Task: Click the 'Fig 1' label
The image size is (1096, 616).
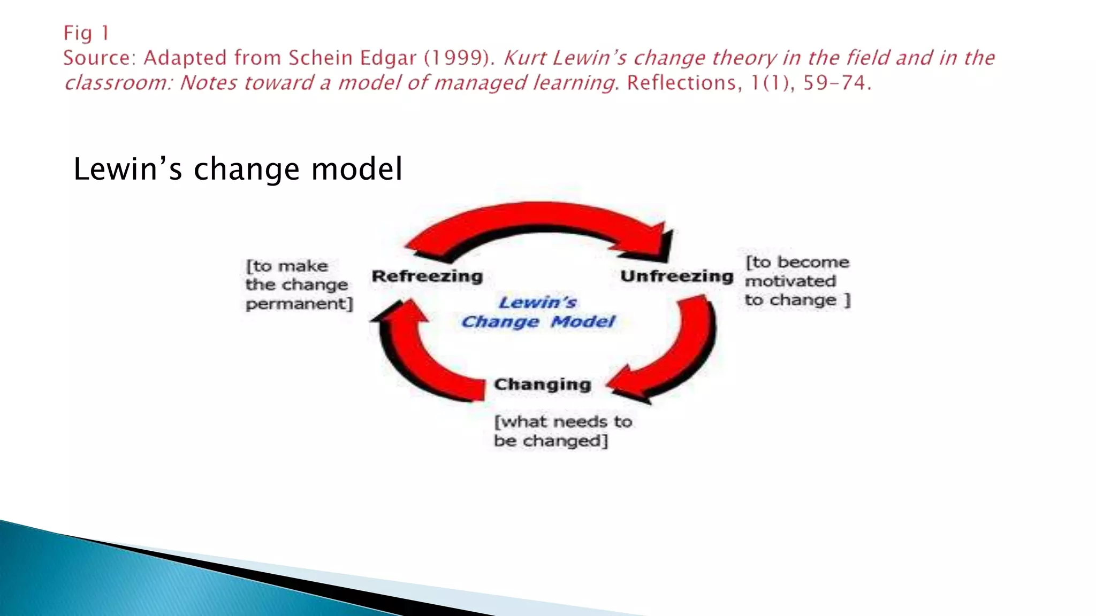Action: tap(86, 33)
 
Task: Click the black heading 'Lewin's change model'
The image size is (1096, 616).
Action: tap(238, 169)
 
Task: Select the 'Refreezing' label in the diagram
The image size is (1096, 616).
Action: tap(427, 276)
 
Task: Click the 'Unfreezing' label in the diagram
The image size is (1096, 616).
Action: tap(676, 276)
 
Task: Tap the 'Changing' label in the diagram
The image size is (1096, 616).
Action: tap(542, 384)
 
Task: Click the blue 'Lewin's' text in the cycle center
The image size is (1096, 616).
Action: tap(537, 303)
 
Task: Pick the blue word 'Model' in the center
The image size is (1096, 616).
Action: tap(583, 322)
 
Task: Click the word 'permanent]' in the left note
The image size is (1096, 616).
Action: tap(299, 304)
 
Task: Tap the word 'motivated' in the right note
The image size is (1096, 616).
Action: tap(790, 281)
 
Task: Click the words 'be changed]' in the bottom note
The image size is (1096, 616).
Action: tap(551, 441)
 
